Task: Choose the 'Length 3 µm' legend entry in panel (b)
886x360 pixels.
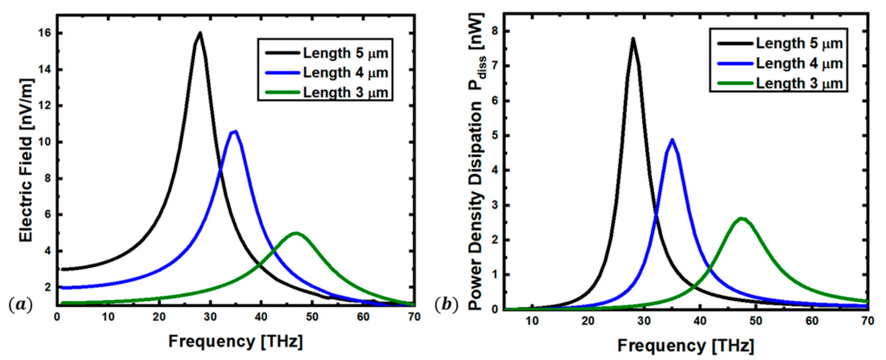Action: (x=799, y=83)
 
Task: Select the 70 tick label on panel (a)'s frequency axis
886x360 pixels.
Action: (x=414, y=317)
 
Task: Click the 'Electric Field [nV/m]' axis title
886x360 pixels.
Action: (x=26, y=160)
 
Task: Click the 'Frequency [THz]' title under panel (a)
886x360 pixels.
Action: (x=236, y=342)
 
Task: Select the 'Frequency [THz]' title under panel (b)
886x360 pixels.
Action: (x=685, y=346)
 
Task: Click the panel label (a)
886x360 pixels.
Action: (x=20, y=305)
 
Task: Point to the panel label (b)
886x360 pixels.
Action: (x=446, y=305)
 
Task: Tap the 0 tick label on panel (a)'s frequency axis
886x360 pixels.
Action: (x=57, y=317)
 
